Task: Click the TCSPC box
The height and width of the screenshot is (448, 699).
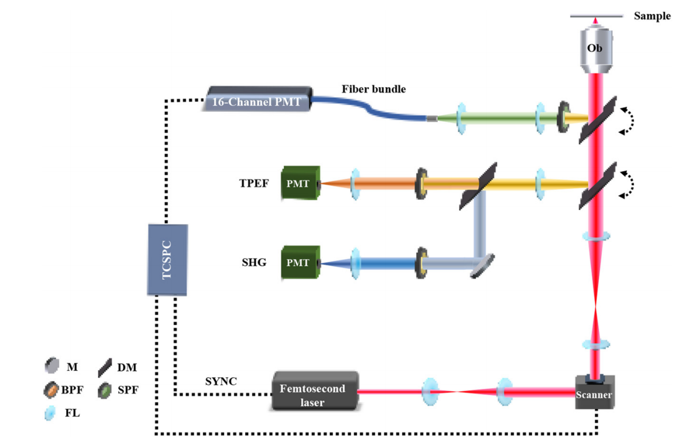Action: point(167,259)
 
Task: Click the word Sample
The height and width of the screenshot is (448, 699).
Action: point(652,16)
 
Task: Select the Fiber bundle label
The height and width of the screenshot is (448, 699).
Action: point(374,89)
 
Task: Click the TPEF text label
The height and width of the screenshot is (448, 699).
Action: point(254,183)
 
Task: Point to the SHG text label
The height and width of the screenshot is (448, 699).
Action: point(253,263)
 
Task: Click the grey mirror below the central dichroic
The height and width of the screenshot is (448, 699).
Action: point(483,265)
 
